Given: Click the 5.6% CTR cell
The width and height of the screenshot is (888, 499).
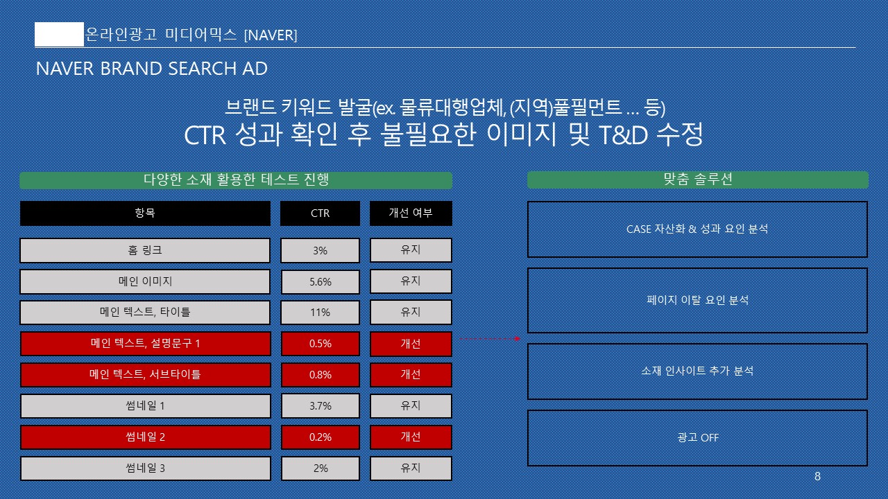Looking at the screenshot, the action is coord(321,281).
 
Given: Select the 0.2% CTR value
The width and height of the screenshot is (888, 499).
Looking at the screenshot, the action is coord(321,437).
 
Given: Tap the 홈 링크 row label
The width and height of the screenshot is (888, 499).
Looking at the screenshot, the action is coord(145,250).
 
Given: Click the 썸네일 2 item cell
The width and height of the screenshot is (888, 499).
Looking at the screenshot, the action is coord(146,437).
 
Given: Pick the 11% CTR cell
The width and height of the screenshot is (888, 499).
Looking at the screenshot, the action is coord(321,313).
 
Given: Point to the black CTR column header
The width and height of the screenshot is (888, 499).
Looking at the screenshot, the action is coord(321,213).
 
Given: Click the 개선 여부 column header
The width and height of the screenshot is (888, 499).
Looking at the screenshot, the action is coord(411,213).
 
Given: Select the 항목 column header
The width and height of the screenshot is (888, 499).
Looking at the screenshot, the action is coord(145,213).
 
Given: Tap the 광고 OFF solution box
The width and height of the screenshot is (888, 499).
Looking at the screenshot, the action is coord(698,438).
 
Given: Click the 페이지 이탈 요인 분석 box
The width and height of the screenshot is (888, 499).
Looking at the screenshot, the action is coord(698,300).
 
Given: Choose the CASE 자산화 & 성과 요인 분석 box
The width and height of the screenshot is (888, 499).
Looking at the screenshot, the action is coord(698,229).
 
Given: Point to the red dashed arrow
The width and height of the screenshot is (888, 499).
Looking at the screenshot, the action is coord(490,339).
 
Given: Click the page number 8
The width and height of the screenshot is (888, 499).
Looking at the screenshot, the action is coord(817,476).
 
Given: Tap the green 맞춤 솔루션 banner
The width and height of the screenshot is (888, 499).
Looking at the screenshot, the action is coord(698,180).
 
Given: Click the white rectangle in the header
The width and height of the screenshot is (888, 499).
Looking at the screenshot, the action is coord(60,35).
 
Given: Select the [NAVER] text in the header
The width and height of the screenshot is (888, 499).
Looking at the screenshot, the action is coord(271,35).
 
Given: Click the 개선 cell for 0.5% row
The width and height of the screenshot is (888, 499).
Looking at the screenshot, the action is coord(411,344).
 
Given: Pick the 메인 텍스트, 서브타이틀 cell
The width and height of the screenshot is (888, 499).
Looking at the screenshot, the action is coord(146,375).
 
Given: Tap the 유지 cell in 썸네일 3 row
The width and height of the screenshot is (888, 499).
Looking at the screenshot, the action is coord(411,469).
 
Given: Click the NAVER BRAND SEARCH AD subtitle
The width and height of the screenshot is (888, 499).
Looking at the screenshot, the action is coord(152,69).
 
